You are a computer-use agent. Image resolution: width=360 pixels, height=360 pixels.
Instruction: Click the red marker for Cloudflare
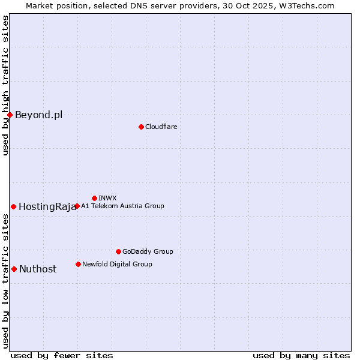click(x=141, y=127)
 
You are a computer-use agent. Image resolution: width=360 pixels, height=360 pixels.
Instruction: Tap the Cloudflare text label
click(x=161, y=127)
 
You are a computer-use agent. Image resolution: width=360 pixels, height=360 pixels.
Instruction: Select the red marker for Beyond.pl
click(x=10, y=115)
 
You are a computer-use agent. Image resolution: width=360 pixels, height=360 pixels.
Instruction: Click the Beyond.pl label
click(x=38, y=115)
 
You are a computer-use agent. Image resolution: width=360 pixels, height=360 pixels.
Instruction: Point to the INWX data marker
click(x=94, y=198)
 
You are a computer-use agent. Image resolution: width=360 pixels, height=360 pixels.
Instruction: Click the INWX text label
click(x=107, y=198)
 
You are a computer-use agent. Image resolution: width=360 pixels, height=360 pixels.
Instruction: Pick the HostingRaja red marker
click(x=13, y=206)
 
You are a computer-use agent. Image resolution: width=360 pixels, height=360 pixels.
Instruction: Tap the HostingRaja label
click(x=47, y=207)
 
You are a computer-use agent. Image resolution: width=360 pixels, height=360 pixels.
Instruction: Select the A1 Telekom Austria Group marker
click(x=77, y=206)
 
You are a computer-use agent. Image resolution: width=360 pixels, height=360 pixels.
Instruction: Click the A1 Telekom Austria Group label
click(x=122, y=206)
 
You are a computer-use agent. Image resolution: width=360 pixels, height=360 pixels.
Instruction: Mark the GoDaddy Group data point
click(x=118, y=251)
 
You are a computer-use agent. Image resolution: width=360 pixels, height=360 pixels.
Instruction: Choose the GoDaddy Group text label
click(x=148, y=251)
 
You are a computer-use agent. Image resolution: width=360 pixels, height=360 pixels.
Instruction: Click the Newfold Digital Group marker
click(x=78, y=264)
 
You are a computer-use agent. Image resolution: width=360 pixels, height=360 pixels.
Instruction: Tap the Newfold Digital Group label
click(x=117, y=264)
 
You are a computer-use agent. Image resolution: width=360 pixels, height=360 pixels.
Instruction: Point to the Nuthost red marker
click(x=14, y=269)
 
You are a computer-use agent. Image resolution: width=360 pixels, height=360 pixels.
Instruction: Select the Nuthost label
click(x=38, y=269)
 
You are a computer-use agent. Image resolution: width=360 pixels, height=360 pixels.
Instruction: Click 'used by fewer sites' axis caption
click(x=62, y=355)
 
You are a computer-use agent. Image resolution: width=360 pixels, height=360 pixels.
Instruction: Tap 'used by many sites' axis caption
click(x=301, y=355)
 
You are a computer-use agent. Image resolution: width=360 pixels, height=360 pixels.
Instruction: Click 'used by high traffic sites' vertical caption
click(x=5, y=85)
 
